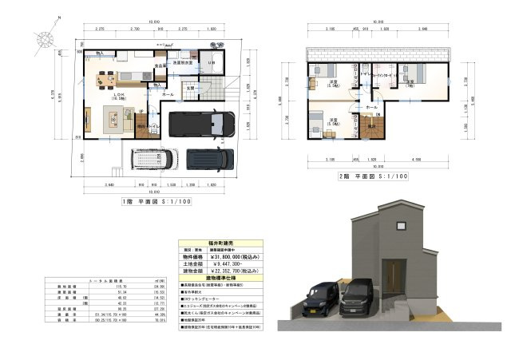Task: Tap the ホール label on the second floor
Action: coord(371,106)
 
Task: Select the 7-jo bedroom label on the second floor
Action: coord(410,81)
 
